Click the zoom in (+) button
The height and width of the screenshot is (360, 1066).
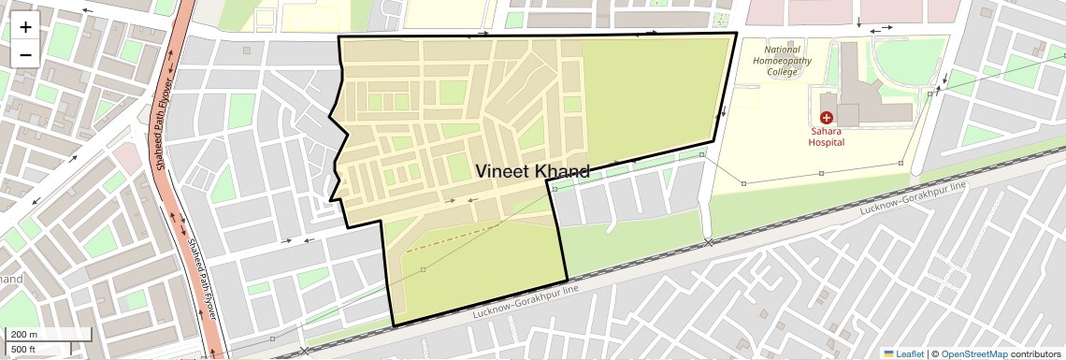pyautogui.click(x=25, y=27)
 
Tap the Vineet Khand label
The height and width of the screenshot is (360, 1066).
pyautogui.click(x=532, y=171)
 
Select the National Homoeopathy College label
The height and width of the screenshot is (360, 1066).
pyautogui.click(x=782, y=61)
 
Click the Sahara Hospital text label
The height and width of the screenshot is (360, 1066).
pyautogui.click(x=827, y=137)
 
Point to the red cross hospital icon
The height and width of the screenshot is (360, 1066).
pyautogui.click(x=827, y=118)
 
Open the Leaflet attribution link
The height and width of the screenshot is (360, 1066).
pyautogui.click(x=903, y=353)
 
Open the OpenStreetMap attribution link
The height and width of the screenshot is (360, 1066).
pyautogui.click(x=973, y=353)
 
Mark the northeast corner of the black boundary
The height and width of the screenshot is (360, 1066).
pyautogui.click(x=736, y=33)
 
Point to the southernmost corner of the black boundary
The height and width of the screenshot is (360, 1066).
pyautogui.click(x=394, y=325)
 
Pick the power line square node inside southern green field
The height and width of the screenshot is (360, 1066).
pyautogui.click(x=423, y=269)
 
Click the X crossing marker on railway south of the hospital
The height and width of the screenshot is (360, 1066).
pyautogui.click(x=709, y=243)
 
